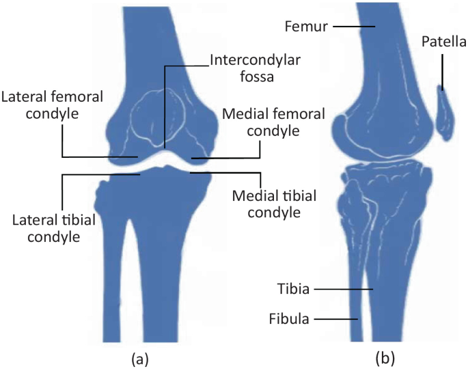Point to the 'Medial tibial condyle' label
click(x=266, y=204)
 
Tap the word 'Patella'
click(x=443, y=42)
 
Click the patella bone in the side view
click(x=445, y=113)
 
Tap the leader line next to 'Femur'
click(x=354, y=27)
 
